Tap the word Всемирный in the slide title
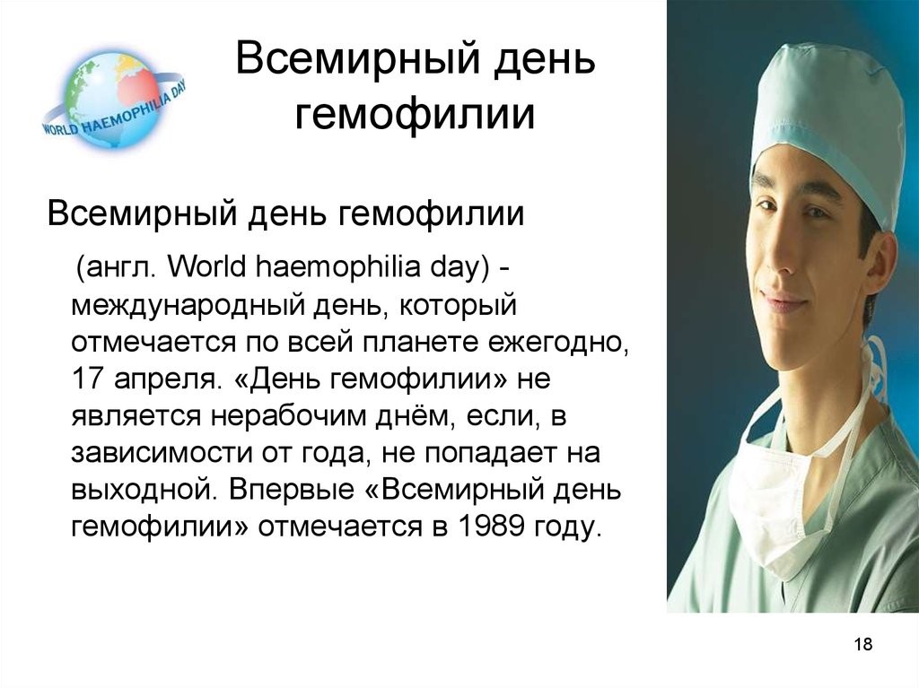[358, 58]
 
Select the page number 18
[863, 644]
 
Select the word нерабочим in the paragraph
[320, 417]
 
